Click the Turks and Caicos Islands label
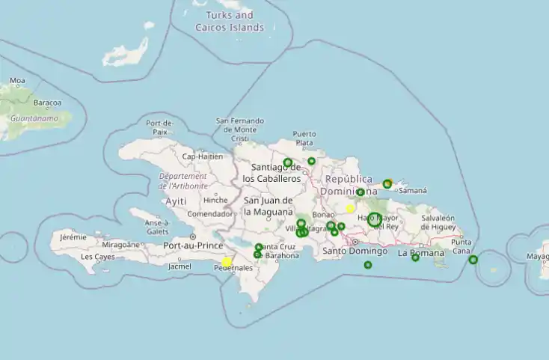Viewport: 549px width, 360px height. [x=230, y=21]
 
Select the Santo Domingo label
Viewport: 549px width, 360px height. [x=355, y=251]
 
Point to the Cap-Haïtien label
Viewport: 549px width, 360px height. [x=203, y=156]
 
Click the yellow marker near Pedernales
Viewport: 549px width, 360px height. [x=227, y=262]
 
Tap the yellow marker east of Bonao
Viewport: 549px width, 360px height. [x=350, y=209]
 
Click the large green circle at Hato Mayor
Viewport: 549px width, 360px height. [x=374, y=220]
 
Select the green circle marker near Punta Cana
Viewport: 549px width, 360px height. [x=473, y=260]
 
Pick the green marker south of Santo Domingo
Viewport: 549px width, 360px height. [x=368, y=265]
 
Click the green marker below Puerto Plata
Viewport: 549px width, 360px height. [x=312, y=161]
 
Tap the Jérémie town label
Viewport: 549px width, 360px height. [x=73, y=237]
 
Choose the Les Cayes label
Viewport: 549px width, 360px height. [x=97, y=257]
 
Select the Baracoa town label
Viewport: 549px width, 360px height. [x=47, y=103]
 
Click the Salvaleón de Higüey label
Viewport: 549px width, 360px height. [x=438, y=222]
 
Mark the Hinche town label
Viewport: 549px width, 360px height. [x=215, y=200]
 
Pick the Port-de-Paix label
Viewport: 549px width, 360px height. [x=160, y=127]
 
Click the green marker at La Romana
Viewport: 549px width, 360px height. [x=416, y=257]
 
